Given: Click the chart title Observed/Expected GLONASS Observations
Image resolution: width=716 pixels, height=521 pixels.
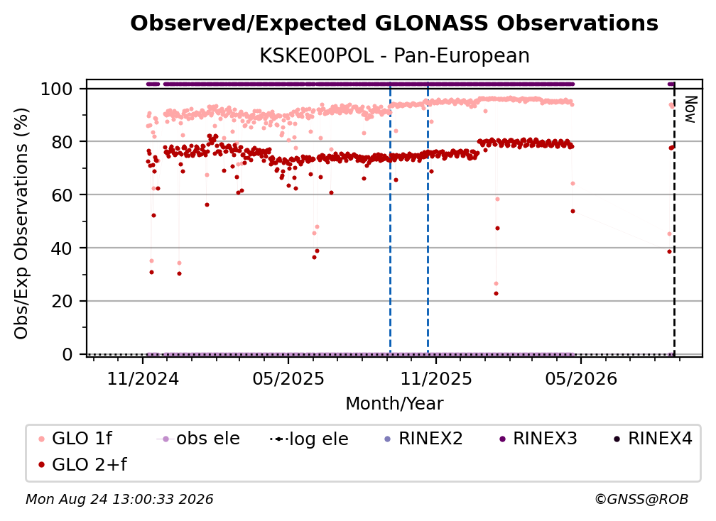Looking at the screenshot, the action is point(394,23).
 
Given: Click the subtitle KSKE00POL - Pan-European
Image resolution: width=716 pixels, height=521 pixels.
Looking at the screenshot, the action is point(394,56).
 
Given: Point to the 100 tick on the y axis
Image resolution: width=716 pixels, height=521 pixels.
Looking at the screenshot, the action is point(57,89).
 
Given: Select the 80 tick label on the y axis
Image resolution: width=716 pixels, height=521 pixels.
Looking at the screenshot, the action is point(62,142).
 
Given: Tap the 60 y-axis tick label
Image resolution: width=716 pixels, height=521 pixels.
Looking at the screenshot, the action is point(62,195).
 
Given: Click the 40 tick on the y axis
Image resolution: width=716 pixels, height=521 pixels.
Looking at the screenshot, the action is point(62,248).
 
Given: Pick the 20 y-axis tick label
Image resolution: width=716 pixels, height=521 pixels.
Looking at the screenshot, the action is point(62,302).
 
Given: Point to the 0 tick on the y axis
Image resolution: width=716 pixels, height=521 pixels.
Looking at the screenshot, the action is point(67,354).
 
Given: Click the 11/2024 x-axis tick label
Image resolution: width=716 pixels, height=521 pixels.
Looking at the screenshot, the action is point(143,378).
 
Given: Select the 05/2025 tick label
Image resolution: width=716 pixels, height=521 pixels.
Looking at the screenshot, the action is point(288,378).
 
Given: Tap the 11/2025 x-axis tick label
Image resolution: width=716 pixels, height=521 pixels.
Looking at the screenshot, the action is point(436,378).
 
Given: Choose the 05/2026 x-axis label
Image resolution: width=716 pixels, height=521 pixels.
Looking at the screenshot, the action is point(581,378).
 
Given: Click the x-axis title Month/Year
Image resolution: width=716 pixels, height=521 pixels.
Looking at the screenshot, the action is point(394,404).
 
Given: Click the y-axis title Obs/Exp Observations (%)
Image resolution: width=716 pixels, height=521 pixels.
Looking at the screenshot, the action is point(21,223).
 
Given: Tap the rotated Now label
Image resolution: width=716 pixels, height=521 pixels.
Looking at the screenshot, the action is point(690,109).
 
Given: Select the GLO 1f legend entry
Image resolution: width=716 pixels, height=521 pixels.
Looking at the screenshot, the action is point(76,439).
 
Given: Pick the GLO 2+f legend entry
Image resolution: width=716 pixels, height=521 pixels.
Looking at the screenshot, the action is point(82,465).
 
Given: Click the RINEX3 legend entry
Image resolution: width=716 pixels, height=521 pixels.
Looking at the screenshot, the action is point(538,439).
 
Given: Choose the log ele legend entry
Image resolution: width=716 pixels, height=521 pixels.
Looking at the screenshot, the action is point(309,439).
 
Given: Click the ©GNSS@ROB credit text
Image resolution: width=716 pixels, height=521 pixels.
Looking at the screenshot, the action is point(641,500).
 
